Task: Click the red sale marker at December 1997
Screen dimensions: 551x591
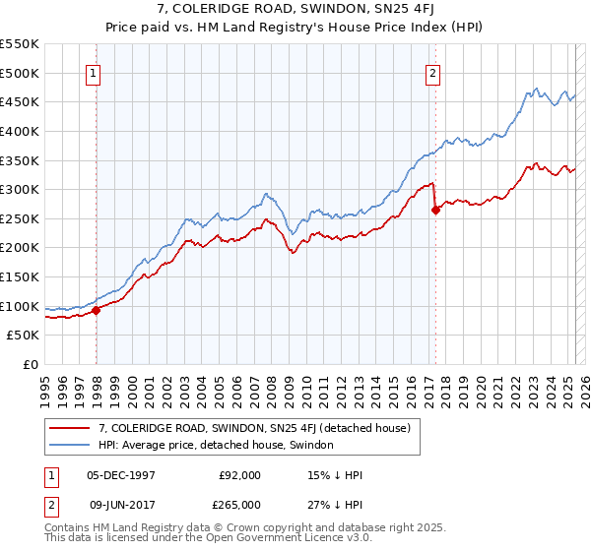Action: pos(97,311)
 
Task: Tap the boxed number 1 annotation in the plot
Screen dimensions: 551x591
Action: pos(93,71)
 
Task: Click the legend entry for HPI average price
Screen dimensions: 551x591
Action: pos(216,445)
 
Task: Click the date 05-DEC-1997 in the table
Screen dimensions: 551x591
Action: pos(121,474)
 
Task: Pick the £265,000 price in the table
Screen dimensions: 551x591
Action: pos(240,504)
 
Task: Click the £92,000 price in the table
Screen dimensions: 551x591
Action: pos(240,474)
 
